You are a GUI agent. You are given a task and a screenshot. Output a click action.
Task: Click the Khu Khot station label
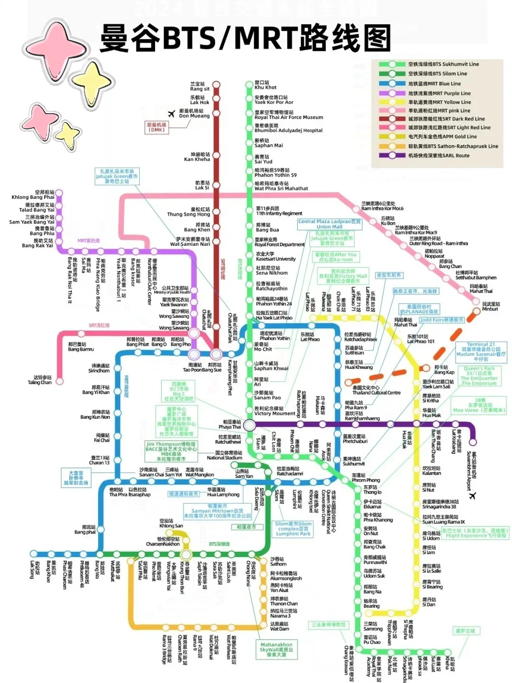265,85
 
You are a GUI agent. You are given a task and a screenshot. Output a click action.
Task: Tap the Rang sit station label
200,87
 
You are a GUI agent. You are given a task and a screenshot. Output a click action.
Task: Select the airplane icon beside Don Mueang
172,114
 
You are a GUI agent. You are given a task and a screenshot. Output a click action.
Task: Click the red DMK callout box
157,127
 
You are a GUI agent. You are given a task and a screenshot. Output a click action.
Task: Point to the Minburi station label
491,306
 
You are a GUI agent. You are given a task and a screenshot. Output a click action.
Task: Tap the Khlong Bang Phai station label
33,195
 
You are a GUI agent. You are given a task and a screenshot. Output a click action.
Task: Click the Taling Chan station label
40,380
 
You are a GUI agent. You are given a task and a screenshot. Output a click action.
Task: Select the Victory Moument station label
274,411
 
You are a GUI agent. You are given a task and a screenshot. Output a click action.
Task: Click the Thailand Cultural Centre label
376,390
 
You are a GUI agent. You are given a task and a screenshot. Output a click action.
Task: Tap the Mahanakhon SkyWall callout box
276,649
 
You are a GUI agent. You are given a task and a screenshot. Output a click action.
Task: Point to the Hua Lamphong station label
223,492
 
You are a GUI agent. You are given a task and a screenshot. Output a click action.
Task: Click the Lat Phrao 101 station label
421,339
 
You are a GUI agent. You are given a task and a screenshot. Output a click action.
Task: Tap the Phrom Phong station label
366,478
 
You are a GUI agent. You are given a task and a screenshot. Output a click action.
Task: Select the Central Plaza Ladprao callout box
329,224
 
